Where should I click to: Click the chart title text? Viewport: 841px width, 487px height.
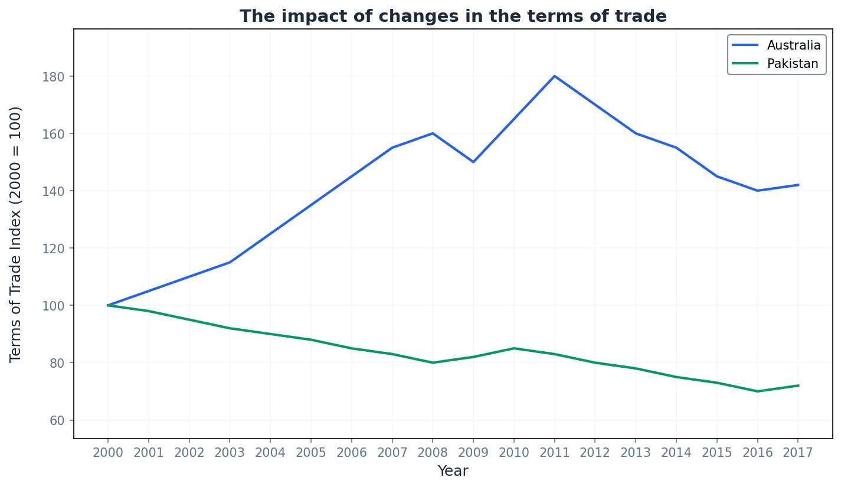453,17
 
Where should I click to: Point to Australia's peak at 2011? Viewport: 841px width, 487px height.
554,76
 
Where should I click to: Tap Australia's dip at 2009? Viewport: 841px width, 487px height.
473,162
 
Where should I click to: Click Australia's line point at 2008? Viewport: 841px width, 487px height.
433,133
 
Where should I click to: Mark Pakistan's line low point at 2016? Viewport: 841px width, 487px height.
757,391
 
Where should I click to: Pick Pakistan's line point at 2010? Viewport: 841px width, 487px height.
513,348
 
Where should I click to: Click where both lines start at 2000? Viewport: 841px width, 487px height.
108,305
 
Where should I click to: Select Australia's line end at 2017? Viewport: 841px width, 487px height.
798,185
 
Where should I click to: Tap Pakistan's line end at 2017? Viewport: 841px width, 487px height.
798,385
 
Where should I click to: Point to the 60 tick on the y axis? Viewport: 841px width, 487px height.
57,420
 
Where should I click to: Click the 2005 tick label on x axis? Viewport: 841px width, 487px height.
310,453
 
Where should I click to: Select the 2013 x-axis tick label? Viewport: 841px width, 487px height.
635,453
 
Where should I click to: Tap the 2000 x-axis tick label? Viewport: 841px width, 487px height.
108,453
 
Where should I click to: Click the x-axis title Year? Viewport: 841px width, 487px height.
453,471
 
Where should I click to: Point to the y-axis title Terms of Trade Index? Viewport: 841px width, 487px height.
16,234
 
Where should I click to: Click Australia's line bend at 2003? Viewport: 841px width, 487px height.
230,262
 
